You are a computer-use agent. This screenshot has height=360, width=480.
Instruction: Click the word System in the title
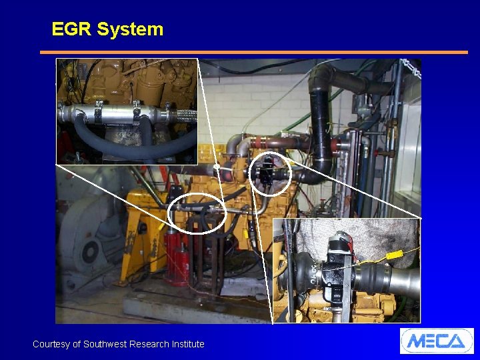[130, 29]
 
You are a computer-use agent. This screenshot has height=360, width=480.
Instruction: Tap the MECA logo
[437, 341]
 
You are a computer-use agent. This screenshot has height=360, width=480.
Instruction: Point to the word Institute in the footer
[185, 344]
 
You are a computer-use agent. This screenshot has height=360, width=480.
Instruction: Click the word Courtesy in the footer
[51, 344]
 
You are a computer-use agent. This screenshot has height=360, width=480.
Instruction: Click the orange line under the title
[253, 52]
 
